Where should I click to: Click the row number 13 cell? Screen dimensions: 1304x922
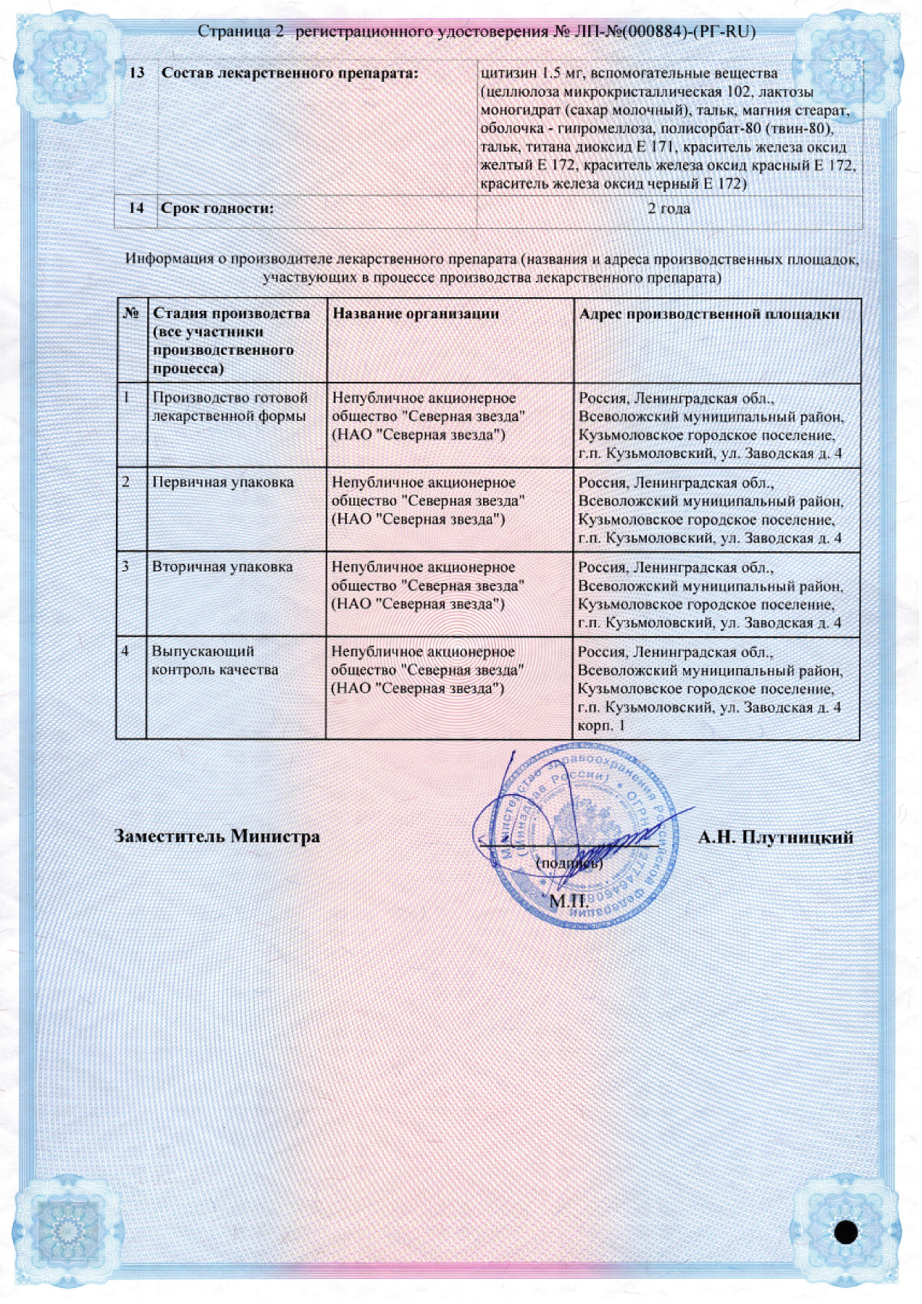(x=136, y=73)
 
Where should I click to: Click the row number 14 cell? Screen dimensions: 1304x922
(x=136, y=208)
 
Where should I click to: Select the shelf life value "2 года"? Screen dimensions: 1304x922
(x=669, y=209)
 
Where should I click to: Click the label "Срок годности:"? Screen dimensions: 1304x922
(x=217, y=209)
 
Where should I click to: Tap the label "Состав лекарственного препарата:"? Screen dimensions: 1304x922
(x=290, y=73)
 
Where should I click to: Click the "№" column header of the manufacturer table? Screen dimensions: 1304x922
(x=131, y=314)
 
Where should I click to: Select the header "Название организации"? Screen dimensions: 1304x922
(x=415, y=314)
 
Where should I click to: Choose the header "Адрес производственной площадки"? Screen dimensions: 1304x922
(x=709, y=314)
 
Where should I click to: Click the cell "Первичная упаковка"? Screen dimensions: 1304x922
(x=222, y=482)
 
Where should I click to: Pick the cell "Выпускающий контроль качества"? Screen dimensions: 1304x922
(x=214, y=661)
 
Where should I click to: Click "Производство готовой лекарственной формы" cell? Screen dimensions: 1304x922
(x=230, y=407)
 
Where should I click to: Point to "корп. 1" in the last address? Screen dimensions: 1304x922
(x=601, y=726)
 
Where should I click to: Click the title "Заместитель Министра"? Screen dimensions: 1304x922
(x=217, y=837)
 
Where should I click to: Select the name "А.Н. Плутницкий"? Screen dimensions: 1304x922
(x=775, y=838)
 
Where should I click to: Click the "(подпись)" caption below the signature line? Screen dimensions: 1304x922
(x=569, y=864)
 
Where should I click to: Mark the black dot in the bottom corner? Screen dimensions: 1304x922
(x=845, y=1232)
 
